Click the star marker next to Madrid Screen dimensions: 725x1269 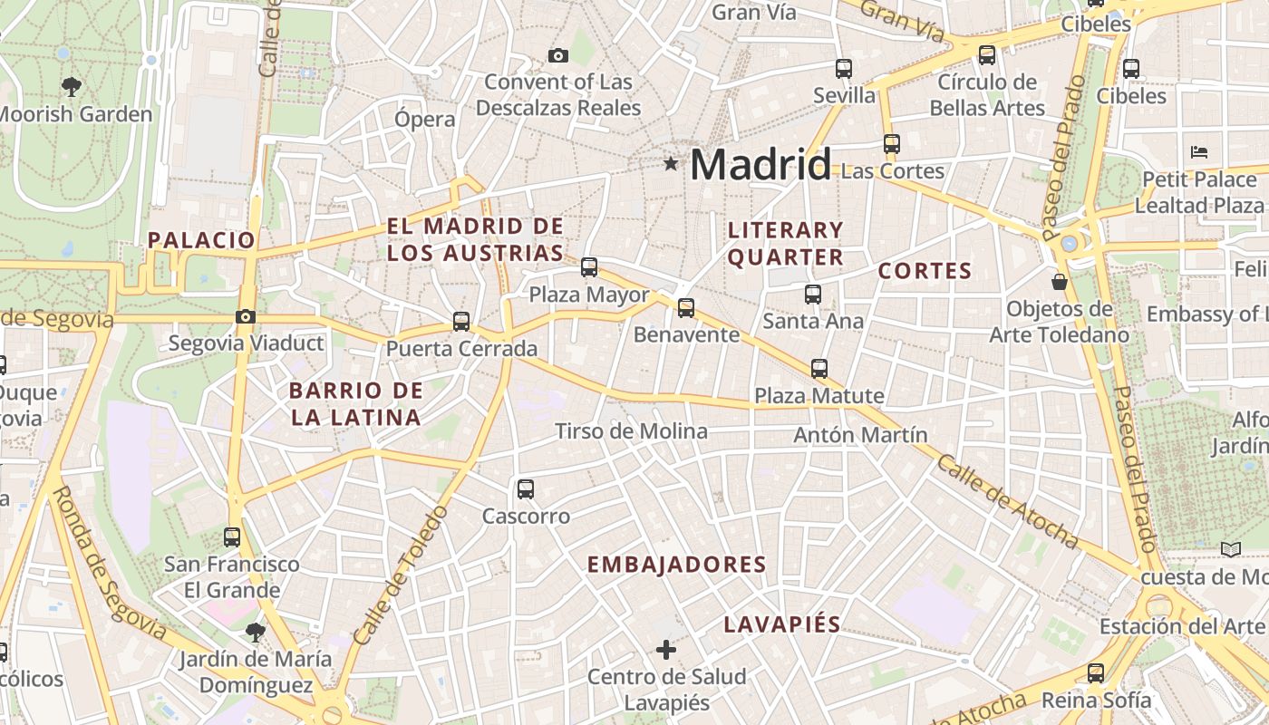click(671, 163)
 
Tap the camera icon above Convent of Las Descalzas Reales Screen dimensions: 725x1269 click(558, 55)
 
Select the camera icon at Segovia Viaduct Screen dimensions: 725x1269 click(245, 316)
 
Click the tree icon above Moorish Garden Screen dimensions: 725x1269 click(72, 87)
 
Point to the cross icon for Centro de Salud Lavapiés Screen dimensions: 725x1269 click(666, 649)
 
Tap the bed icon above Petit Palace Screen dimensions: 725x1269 click(1199, 151)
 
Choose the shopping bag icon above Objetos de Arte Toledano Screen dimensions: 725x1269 click(1059, 282)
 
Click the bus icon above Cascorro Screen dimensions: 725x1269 click(525, 489)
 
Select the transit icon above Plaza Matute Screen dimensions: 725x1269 click(819, 368)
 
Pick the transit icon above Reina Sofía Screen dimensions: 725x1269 click(1096, 672)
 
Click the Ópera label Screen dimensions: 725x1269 click(425, 119)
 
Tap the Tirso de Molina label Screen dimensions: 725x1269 click(631, 431)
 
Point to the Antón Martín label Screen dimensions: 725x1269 click(860, 435)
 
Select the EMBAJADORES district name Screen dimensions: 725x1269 click(676, 565)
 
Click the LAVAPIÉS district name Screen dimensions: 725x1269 click(782, 624)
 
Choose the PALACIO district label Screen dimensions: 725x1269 click(201, 240)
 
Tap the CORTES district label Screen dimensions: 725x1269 click(925, 271)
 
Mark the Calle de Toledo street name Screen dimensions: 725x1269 click(401, 575)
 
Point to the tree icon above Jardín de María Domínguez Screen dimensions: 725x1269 click(256, 632)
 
